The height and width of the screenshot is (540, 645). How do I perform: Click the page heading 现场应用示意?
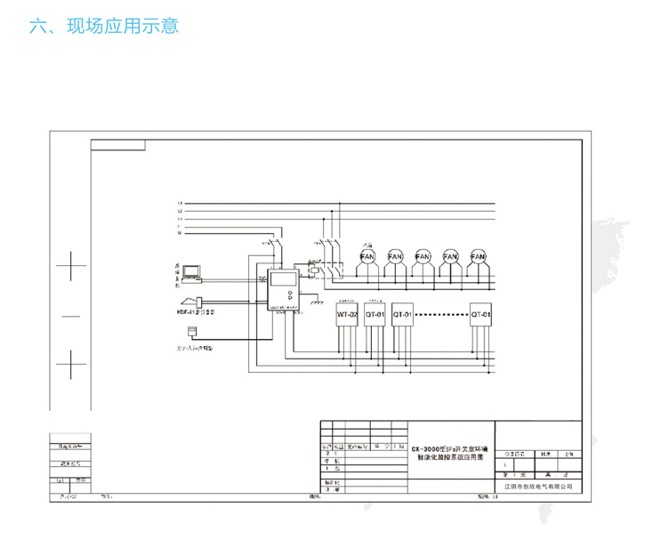pyautogui.click(x=104, y=25)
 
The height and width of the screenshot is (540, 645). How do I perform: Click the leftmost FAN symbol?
pyautogui.click(x=367, y=256)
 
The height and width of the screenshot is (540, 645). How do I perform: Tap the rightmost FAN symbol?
pyautogui.click(x=479, y=256)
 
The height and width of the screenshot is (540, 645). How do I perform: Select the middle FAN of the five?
pyautogui.click(x=423, y=256)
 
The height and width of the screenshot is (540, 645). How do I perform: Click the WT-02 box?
pyautogui.click(x=347, y=315)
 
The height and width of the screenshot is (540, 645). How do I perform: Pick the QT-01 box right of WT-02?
pyautogui.click(x=375, y=315)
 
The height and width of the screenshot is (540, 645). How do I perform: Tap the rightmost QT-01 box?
pyautogui.click(x=481, y=315)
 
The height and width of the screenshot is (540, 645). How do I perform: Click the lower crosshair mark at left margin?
pyautogui.click(x=70, y=364)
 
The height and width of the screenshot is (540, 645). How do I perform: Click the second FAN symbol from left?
pyautogui.click(x=395, y=256)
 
